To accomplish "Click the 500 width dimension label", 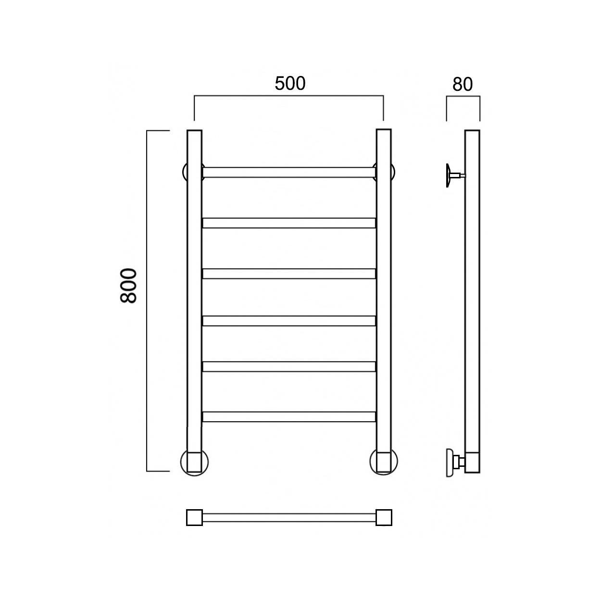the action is [x=290, y=84].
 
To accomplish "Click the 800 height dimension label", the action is [x=128, y=286].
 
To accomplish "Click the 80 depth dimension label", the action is [x=463, y=84].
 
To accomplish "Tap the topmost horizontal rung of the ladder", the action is [x=289, y=173].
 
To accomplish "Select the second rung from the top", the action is [x=289, y=223].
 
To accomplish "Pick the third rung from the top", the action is [x=289, y=274].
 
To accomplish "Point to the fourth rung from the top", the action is [x=289, y=321].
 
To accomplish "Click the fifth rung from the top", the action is [x=289, y=366].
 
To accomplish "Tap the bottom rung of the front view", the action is [x=289, y=417].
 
